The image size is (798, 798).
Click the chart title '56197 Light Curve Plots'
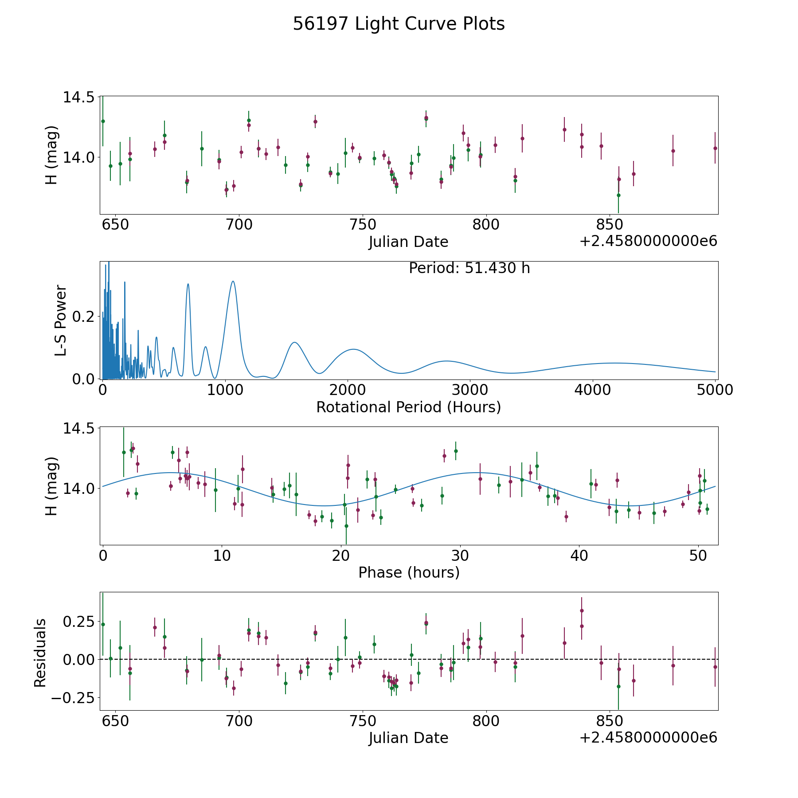pyautogui.click(x=399, y=24)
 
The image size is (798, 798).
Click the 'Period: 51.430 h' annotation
pyautogui.click(x=469, y=268)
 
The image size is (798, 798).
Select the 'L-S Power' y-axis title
pyautogui.click(x=61, y=320)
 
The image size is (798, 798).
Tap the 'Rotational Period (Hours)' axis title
pyautogui.click(x=408, y=407)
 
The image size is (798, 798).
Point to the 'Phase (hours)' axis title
pyautogui.click(x=408, y=572)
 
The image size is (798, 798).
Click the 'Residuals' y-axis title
pyautogui.click(x=40, y=653)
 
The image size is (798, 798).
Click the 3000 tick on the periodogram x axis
pyautogui.click(x=470, y=390)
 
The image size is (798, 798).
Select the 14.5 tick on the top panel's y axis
pyautogui.click(x=78, y=97)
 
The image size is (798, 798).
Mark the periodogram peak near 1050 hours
pyautogui.click(x=233, y=281)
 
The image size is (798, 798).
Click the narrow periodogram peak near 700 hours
pyautogui.click(x=188, y=284)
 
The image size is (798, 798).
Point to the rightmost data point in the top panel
pyautogui.click(x=715, y=148)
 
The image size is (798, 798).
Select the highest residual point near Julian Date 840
pyautogui.click(x=582, y=610)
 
